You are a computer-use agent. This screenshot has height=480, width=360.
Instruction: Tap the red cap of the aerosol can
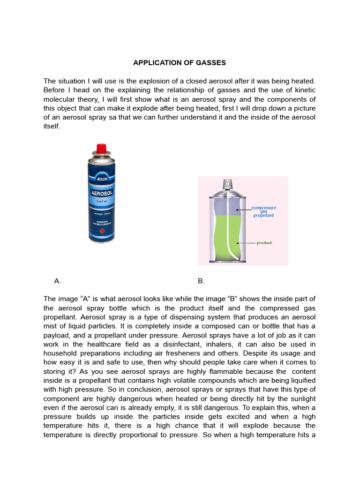(101, 150)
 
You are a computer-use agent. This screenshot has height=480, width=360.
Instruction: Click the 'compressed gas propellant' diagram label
(263, 211)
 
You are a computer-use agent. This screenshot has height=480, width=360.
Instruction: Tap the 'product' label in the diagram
(264, 243)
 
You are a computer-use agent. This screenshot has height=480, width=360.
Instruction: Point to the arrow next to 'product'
(246, 243)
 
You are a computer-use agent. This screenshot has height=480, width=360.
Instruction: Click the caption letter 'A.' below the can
(58, 281)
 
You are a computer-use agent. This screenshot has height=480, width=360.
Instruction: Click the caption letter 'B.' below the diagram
(201, 281)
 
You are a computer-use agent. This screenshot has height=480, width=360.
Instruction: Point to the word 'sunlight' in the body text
(300, 398)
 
